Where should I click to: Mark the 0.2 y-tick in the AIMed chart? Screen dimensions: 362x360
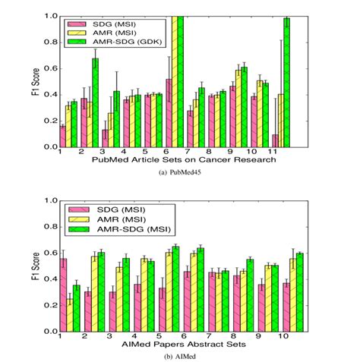[x=49, y=306]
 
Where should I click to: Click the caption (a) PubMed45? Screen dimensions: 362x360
[x=180, y=173]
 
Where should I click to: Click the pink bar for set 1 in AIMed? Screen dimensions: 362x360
[x=63, y=295]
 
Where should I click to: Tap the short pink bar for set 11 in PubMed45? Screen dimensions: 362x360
[x=273, y=141]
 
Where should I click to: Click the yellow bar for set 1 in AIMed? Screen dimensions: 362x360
[x=71, y=315]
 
